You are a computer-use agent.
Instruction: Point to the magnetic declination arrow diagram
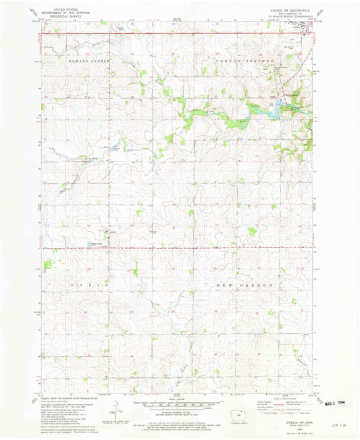tap(120, 409)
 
